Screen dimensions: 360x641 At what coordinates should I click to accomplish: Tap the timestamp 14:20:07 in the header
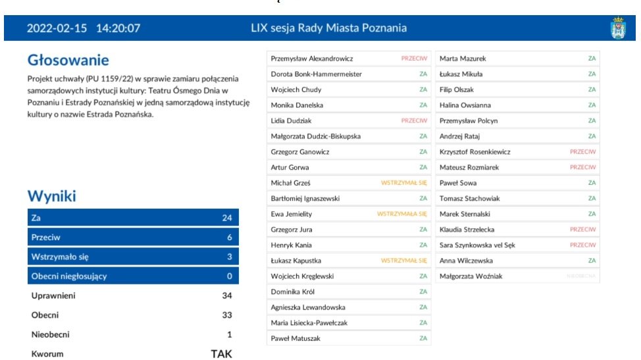(118, 28)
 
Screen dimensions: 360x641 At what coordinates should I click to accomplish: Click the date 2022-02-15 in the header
(57, 28)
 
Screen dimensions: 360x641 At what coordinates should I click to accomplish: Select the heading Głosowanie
(68, 61)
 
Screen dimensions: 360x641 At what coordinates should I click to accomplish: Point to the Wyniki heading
(51, 195)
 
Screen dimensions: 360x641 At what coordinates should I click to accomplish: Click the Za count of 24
(227, 218)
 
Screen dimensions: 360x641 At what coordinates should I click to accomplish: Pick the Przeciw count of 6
(229, 238)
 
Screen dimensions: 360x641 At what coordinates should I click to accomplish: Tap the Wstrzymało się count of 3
(229, 257)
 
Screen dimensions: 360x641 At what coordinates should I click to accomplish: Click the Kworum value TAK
(221, 354)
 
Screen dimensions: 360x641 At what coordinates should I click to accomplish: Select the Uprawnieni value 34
(226, 296)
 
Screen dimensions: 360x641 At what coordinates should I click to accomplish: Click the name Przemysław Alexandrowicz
(312, 59)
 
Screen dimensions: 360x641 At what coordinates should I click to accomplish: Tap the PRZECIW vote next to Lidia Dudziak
(414, 121)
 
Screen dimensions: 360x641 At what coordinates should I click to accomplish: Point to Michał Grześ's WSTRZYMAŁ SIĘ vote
(404, 183)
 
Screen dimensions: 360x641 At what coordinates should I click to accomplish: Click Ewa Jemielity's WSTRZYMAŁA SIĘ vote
(402, 214)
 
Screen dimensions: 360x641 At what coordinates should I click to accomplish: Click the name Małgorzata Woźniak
(471, 276)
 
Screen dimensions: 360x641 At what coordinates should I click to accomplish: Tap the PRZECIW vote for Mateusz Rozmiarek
(582, 168)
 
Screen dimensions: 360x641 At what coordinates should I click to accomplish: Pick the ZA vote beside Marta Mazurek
(592, 59)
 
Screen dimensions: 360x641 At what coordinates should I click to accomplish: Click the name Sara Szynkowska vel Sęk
(477, 245)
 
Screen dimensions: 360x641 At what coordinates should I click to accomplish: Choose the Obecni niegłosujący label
(68, 276)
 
